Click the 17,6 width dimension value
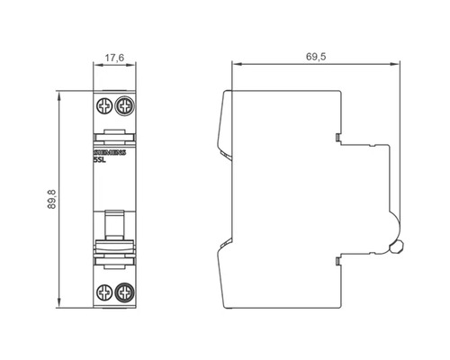[x=114, y=58]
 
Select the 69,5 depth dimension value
[x=316, y=57]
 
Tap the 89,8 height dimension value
[x=51, y=199]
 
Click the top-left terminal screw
[x=104, y=107]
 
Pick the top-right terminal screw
[x=125, y=106]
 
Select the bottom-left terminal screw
[x=104, y=292]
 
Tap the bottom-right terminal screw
[x=125, y=292]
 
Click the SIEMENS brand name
[x=110, y=153]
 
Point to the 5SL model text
[x=100, y=160]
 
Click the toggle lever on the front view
[x=114, y=225]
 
